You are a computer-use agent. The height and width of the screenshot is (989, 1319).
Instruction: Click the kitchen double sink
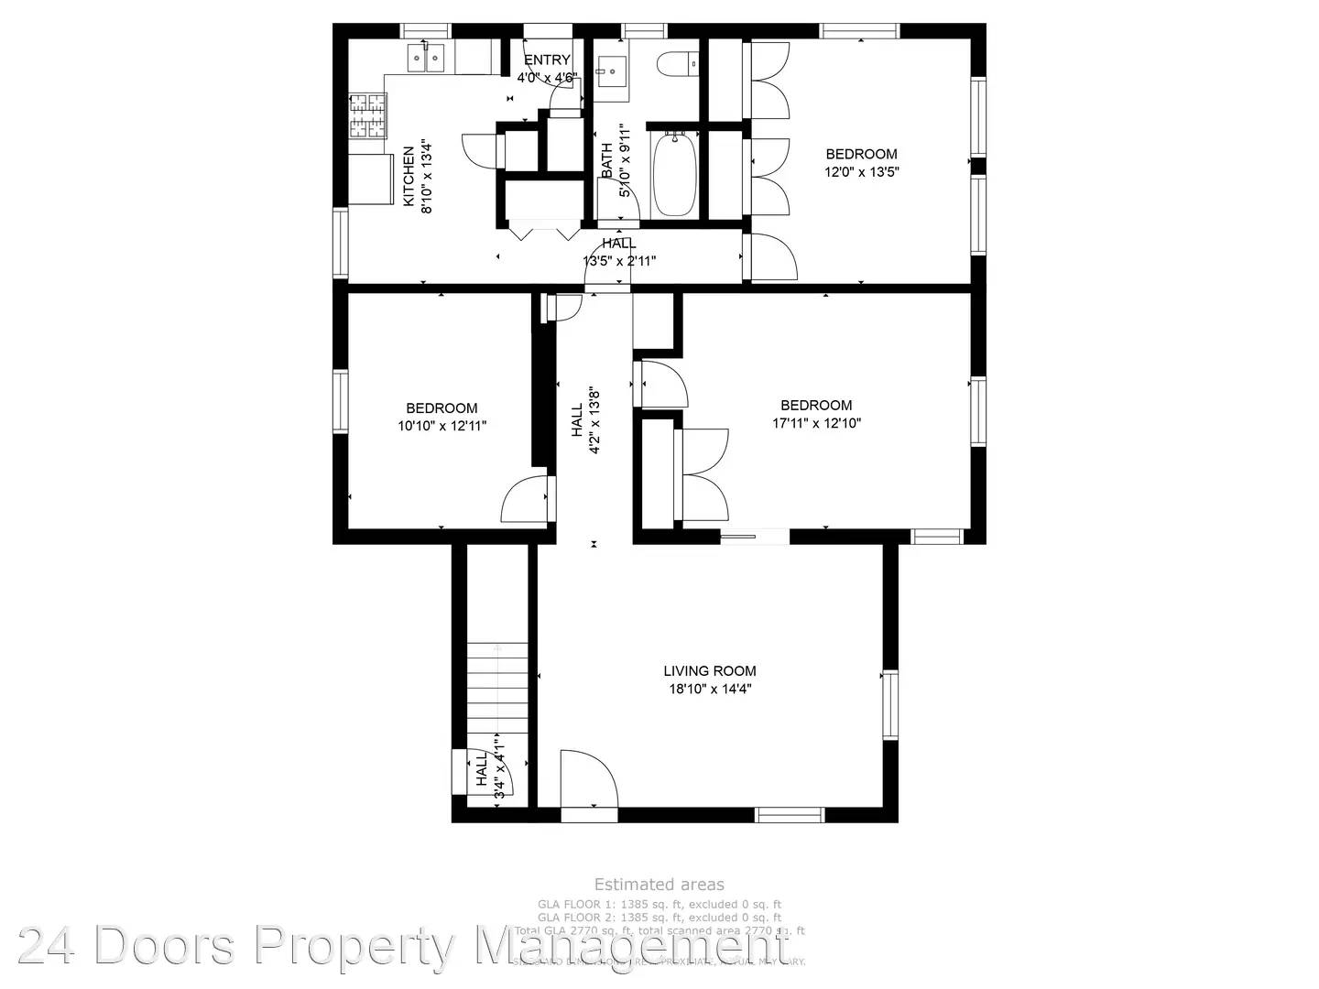pyautogui.click(x=427, y=59)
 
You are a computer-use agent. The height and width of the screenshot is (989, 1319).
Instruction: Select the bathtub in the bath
pyautogui.click(x=674, y=173)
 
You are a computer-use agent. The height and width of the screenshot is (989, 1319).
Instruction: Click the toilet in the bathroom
pyautogui.click(x=677, y=64)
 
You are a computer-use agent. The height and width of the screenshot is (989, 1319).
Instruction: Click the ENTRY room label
pyautogui.click(x=547, y=60)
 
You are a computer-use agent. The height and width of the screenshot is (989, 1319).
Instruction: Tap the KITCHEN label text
pyautogui.click(x=409, y=176)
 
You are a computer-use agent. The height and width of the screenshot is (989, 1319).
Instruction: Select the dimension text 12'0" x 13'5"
pyautogui.click(x=861, y=171)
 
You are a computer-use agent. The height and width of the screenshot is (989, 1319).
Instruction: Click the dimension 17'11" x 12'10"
pyautogui.click(x=816, y=423)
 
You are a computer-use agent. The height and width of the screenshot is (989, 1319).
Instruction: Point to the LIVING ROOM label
pyautogui.click(x=710, y=670)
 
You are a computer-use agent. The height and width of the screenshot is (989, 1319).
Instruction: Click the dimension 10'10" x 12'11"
pyautogui.click(x=441, y=426)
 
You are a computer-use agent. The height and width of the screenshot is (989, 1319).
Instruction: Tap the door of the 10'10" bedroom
pyautogui.click(x=527, y=499)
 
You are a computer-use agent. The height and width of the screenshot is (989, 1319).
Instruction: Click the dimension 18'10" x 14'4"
pyautogui.click(x=710, y=690)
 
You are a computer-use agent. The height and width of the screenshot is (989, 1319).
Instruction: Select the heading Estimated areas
pyautogui.click(x=659, y=885)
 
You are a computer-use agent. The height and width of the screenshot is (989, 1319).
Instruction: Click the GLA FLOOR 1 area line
pyautogui.click(x=659, y=905)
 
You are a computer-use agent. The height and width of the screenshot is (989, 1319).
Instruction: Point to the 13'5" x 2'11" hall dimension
pyautogui.click(x=619, y=261)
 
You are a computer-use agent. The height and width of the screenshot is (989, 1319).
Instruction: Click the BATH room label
pyautogui.click(x=606, y=160)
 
